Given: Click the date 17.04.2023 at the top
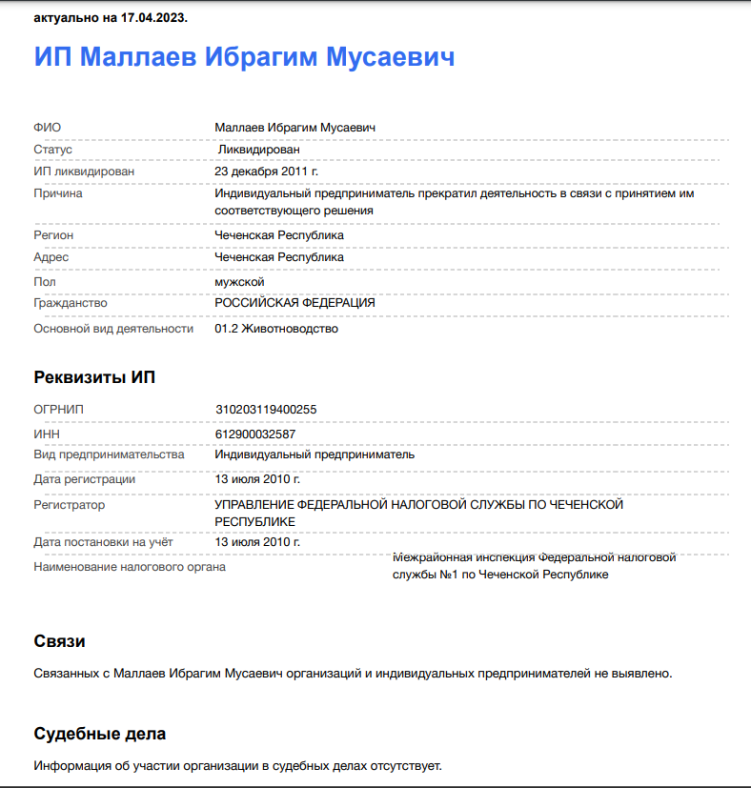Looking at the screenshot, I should tap(153, 18).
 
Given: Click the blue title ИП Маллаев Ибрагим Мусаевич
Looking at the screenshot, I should tap(244, 56).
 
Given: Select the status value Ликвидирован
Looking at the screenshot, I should tap(258, 150).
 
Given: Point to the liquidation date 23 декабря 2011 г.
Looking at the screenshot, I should tap(266, 172).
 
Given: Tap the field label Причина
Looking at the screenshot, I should tap(58, 193).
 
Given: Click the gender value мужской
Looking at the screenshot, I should tap(239, 282).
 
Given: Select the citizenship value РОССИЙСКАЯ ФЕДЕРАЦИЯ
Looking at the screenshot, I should tap(294, 303).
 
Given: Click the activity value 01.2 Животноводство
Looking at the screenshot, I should tap(276, 329).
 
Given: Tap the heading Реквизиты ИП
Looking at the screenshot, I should tap(94, 377).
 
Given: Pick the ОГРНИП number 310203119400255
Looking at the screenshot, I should tap(266, 410).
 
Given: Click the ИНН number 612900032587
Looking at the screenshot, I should tap(255, 434).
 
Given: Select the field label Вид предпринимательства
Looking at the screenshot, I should tap(109, 455).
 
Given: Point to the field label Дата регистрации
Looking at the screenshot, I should tap(84, 479).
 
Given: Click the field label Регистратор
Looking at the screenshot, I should tap(69, 505).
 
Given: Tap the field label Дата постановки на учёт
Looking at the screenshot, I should tap(103, 542).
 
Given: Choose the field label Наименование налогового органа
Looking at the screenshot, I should tap(130, 567).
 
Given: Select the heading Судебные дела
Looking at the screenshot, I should tap(99, 734).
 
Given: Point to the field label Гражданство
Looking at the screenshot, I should tap(71, 303).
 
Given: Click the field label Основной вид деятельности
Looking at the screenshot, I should tap(113, 329).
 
